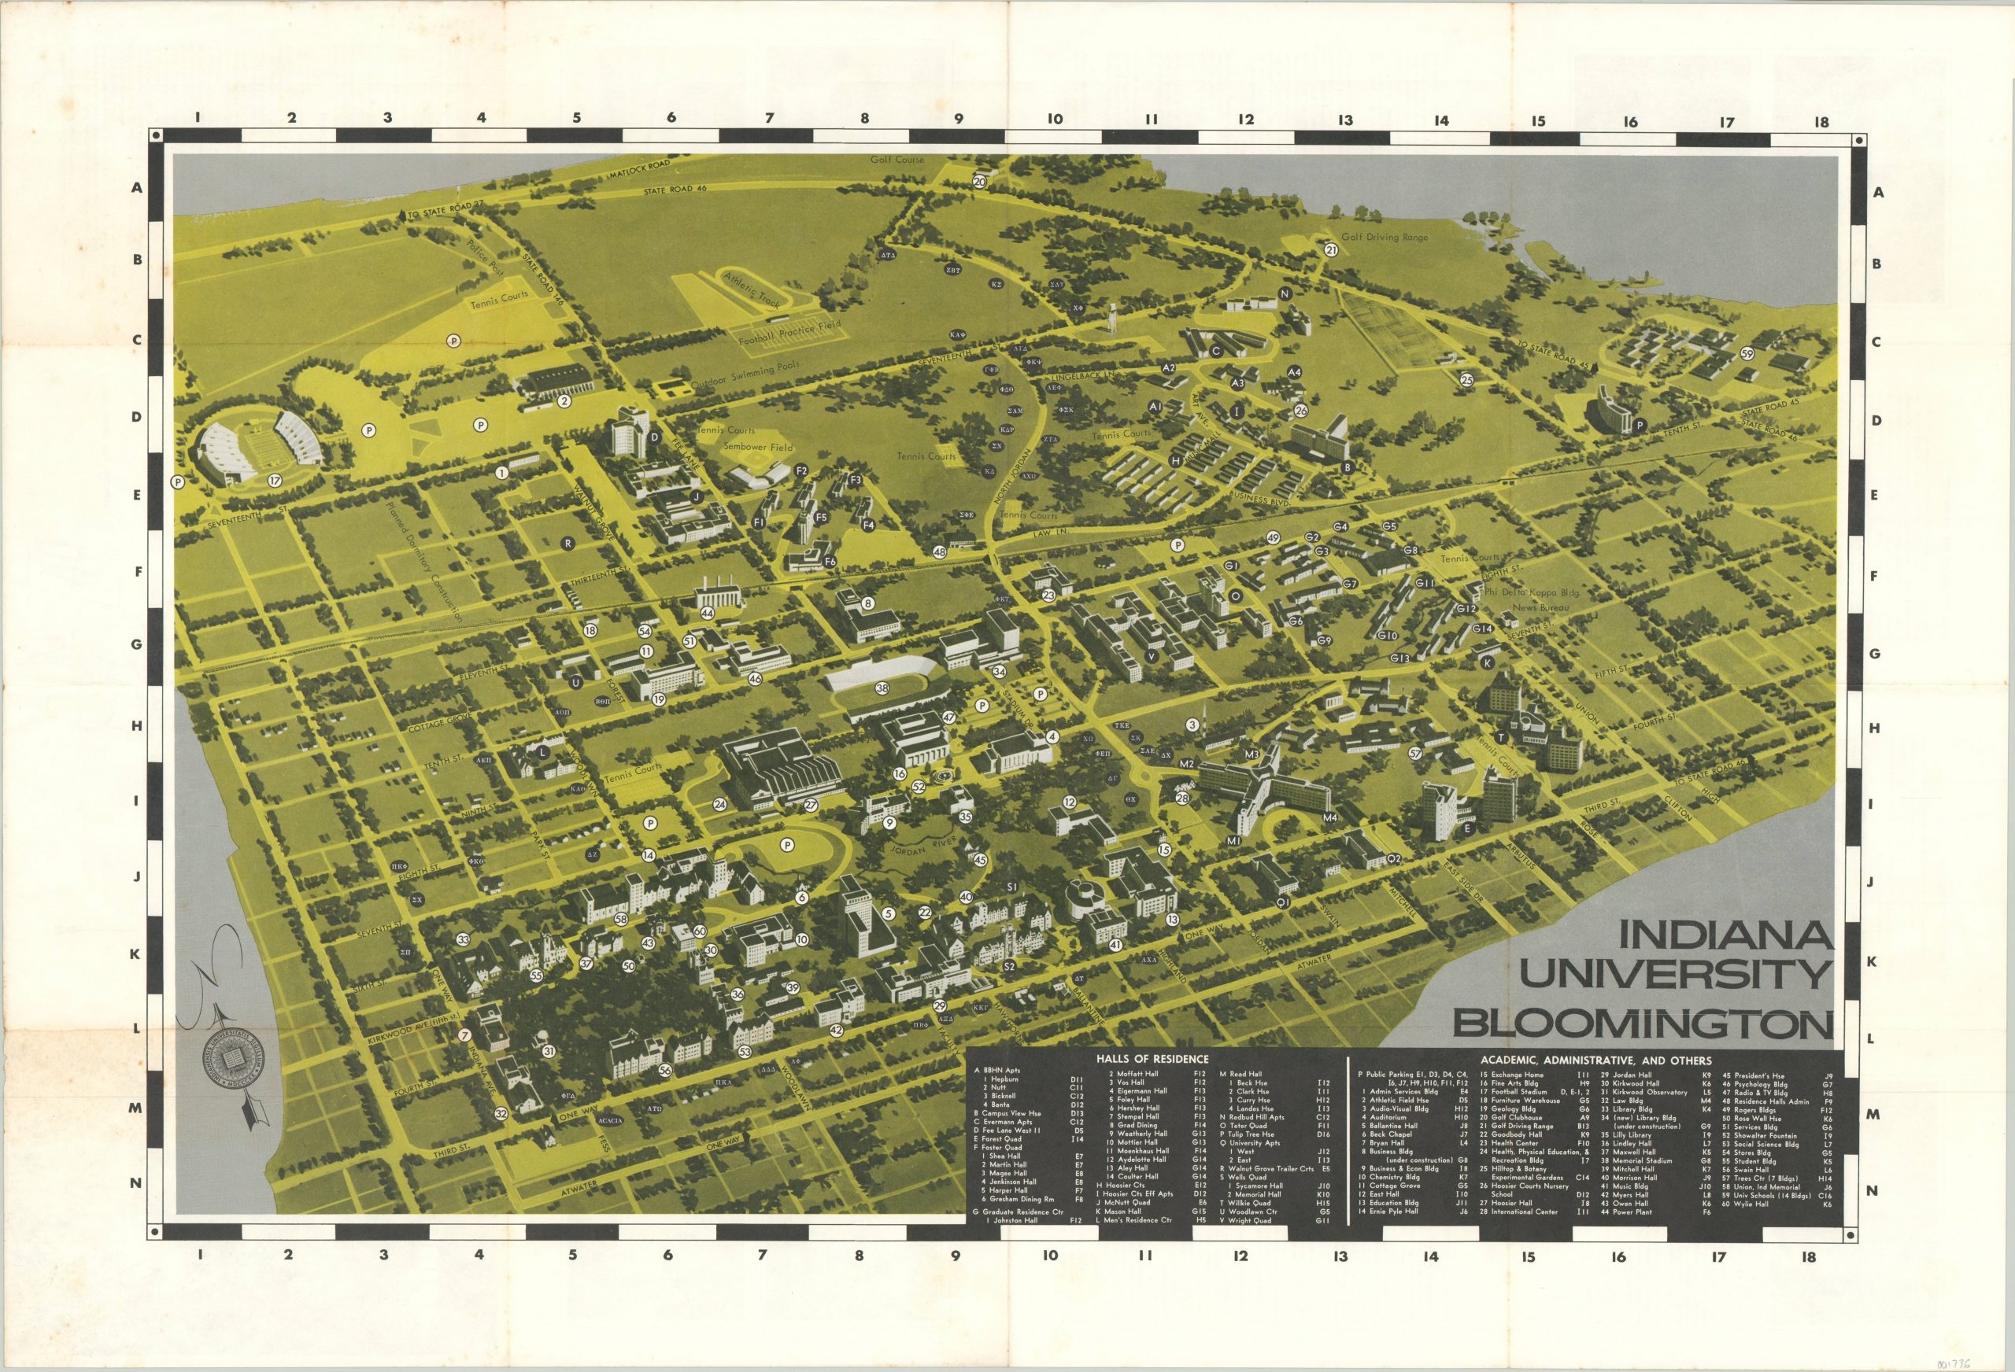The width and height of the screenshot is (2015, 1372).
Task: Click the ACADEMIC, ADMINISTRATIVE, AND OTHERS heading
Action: (1595, 1060)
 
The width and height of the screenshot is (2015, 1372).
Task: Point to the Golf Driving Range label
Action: (1384, 238)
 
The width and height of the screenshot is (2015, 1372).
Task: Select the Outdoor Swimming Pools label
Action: (745, 375)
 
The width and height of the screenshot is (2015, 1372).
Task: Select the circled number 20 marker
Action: (980, 182)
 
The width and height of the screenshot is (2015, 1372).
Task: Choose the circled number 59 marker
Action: (1747, 353)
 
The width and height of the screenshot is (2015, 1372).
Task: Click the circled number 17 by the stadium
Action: (275, 480)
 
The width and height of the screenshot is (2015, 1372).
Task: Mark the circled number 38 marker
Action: (882, 688)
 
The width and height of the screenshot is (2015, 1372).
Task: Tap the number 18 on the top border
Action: (1821, 122)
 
